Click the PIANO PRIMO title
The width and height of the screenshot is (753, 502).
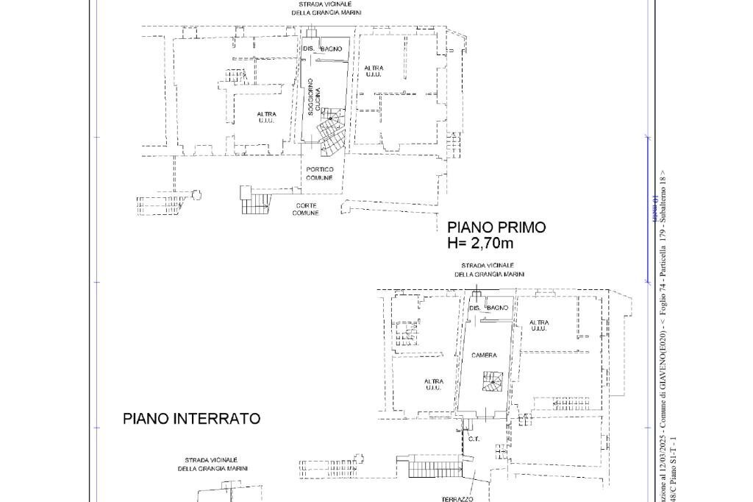pos(496,227)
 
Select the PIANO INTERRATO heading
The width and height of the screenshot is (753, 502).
pos(191,419)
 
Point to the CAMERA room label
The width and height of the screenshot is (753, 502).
pos(484,356)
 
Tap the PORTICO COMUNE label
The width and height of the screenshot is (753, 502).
pos(319,174)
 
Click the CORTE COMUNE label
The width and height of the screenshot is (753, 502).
pos(305,209)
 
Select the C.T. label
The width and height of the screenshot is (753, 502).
pos(474,439)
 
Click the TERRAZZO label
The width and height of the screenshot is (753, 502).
pos(457,499)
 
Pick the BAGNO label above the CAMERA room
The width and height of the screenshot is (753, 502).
pos(497,308)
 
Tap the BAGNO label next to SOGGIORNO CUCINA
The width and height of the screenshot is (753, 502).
pos(331,49)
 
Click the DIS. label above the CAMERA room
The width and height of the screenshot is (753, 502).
pos(474,308)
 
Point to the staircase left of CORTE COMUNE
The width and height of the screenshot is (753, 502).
pos(254,199)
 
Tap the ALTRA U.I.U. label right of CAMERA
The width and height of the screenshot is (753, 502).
pos(538,325)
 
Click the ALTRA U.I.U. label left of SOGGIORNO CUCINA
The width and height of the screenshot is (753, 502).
pos(266,117)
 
